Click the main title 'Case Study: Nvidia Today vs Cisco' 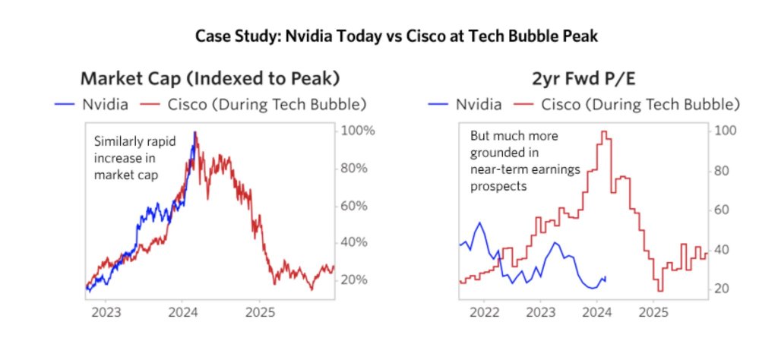tap(389, 36)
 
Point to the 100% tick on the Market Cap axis tap(357, 131)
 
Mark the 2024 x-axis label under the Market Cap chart tap(182, 312)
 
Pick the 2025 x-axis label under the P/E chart tap(653, 312)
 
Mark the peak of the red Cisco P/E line tap(605, 132)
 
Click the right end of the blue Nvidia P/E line tap(606, 278)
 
